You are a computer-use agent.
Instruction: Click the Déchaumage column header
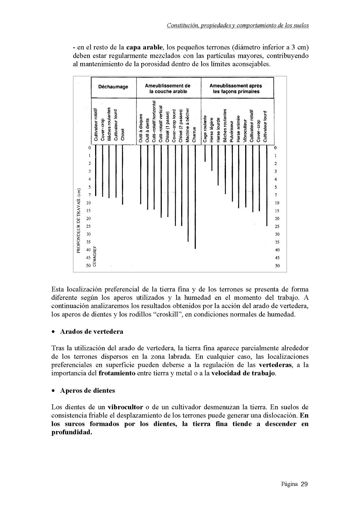[x=113, y=87]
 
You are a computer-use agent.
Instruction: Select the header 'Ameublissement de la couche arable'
[x=168, y=88]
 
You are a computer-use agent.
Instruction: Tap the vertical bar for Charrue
[x=195, y=197]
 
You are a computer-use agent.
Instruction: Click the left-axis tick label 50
[x=88, y=266]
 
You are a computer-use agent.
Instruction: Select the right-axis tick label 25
[x=277, y=226]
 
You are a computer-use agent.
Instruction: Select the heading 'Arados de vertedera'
[x=91, y=332]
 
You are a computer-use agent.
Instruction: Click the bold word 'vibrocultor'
[x=125, y=407]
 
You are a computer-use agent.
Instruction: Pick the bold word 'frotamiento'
[x=117, y=373]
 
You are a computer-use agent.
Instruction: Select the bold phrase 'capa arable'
[x=144, y=48]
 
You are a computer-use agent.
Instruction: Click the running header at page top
[x=238, y=26]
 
